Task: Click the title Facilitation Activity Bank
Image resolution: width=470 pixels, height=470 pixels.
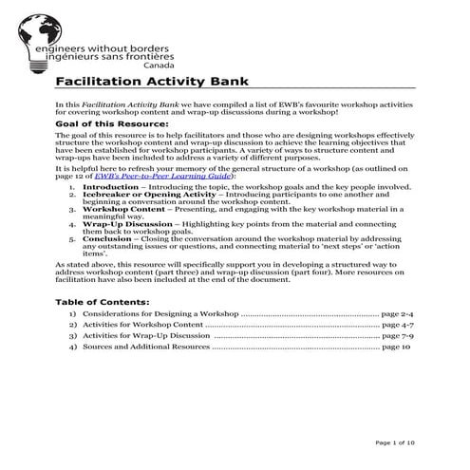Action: (153, 82)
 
